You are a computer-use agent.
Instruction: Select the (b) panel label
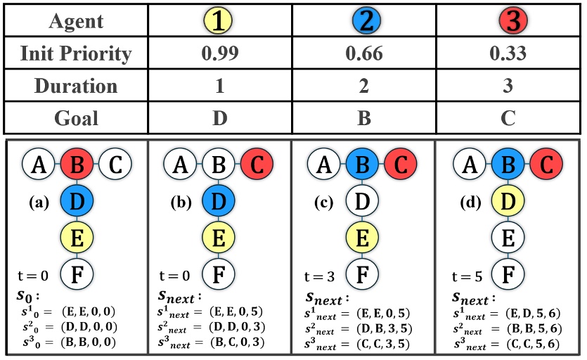pos(183,202)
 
